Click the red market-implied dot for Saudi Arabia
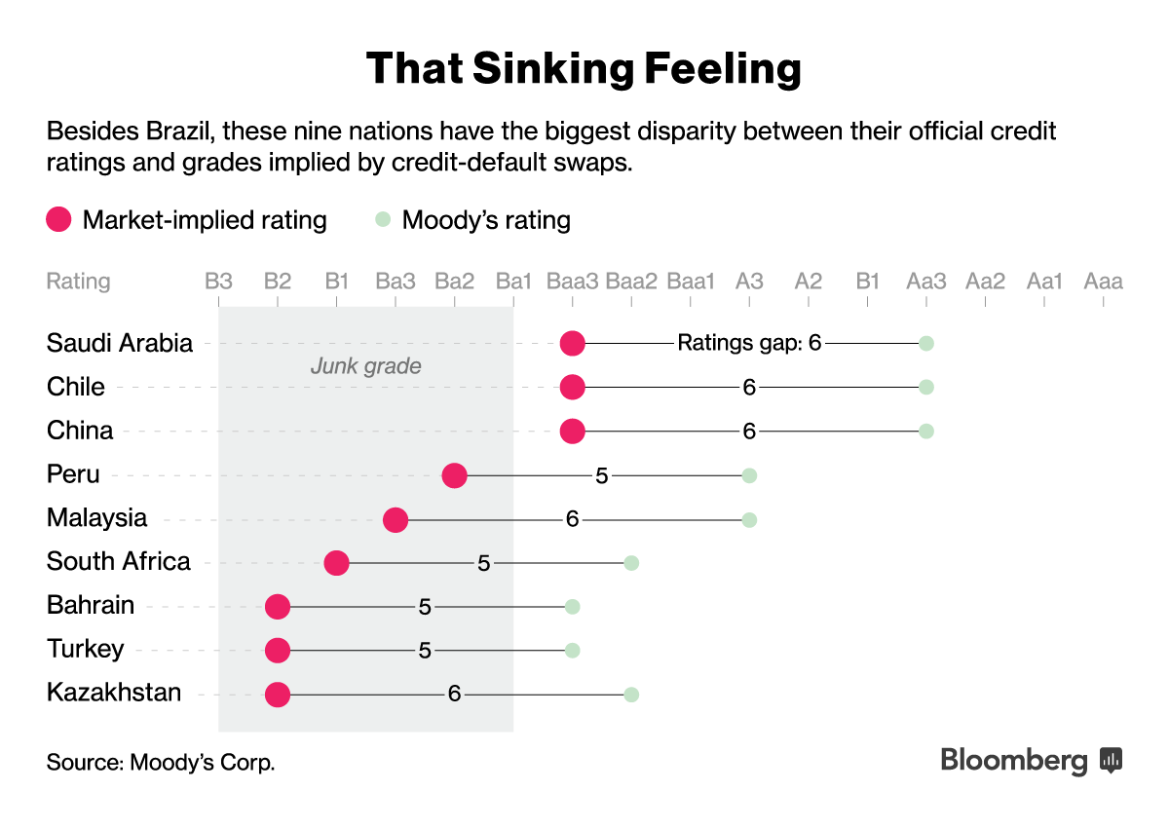click(x=572, y=343)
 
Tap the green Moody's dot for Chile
click(x=926, y=387)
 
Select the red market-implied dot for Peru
click(x=454, y=475)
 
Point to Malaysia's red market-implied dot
click(x=395, y=519)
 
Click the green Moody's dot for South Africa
click(x=631, y=563)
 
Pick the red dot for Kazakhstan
click(x=278, y=695)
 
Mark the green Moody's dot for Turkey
click(x=573, y=651)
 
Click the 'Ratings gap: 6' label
click(x=749, y=343)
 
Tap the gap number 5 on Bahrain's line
click(x=425, y=607)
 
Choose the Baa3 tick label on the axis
click(x=573, y=282)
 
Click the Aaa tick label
click(x=1103, y=282)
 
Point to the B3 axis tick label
click(x=218, y=282)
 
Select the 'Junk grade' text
click(x=365, y=366)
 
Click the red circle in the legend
click(x=59, y=220)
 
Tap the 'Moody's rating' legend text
click(x=486, y=220)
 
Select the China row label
click(x=80, y=431)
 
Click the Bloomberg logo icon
click(x=1111, y=759)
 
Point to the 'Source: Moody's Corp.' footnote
click(x=161, y=762)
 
